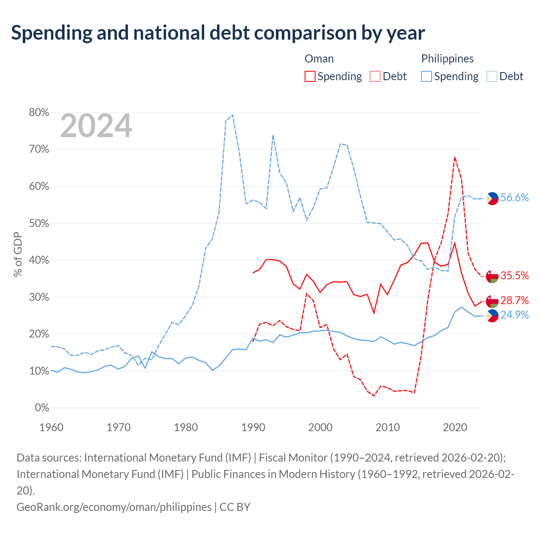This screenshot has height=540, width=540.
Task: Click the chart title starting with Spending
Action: point(218,33)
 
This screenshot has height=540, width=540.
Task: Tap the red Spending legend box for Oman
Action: point(310,76)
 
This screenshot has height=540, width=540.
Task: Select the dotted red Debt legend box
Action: point(375,76)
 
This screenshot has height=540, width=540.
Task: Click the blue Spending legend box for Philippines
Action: point(426,76)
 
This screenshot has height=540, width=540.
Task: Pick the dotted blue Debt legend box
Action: point(491,76)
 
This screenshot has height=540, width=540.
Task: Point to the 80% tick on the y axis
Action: point(39,112)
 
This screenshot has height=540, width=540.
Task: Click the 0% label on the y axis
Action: point(42,408)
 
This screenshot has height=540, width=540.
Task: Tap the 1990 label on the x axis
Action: point(253,428)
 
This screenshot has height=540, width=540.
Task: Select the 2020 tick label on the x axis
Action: point(455,428)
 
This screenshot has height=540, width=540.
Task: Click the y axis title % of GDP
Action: point(18,254)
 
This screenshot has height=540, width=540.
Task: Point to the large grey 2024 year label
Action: point(96,126)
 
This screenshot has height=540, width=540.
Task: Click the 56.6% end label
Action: point(515,197)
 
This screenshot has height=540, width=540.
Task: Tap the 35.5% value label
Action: point(515,275)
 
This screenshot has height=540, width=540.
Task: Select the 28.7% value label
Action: point(515,300)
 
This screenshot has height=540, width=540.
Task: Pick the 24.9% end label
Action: point(515,315)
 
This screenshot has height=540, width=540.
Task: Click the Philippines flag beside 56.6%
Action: point(492,198)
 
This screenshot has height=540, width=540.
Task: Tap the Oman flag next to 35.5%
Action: point(492,277)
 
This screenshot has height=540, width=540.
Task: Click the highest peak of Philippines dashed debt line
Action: point(232,115)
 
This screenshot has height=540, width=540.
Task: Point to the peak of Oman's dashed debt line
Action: point(454,157)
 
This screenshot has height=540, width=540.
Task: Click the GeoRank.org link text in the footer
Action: point(114,507)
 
